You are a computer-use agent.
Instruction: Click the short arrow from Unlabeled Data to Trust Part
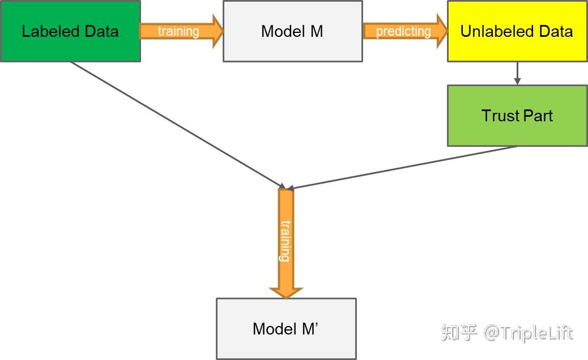tap(517, 73)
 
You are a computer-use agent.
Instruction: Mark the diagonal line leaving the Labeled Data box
tap(176, 124)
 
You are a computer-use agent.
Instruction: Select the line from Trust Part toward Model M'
tap(402, 167)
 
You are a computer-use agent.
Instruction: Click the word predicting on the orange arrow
tap(403, 31)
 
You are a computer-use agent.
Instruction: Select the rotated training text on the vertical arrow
tap(286, 241)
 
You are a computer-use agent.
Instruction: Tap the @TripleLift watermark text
tap(528, 333)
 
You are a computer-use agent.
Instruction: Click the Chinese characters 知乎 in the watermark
tap(459, 333)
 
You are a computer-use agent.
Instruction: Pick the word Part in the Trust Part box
tap(538, 116)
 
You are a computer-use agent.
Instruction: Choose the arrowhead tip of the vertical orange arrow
tap(286, 297)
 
